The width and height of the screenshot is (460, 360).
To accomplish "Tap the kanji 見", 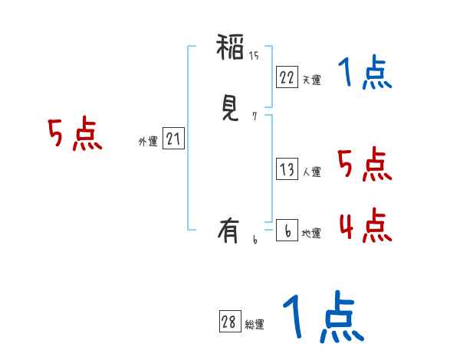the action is (231, 110).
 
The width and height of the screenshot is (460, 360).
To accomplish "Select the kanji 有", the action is (231, 229).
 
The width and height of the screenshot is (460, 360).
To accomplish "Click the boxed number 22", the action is (287, 77).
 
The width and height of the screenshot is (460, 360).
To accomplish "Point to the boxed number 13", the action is (287, 169).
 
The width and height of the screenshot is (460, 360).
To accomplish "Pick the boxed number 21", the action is (173, 139).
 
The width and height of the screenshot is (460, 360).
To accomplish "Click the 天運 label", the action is (311, 80).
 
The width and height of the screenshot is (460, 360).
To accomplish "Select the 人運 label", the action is (311, 172).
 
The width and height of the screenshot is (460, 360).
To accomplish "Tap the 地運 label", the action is (311, 233).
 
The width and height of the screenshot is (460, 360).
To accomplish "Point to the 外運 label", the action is (147, 142).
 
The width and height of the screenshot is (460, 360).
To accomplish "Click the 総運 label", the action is (255, 325).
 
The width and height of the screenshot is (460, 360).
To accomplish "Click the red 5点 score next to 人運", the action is (365, 165).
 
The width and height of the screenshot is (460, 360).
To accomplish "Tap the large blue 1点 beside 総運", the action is (322, 318).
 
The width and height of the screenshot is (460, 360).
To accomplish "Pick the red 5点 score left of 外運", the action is (75, 136).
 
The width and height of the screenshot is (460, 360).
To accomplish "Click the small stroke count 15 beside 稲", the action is (254, 56).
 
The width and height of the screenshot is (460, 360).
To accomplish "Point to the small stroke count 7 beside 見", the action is (254, 116).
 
